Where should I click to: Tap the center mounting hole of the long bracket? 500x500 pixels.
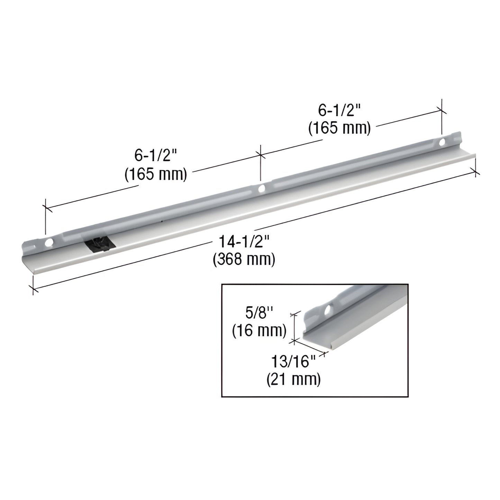click(262, 189)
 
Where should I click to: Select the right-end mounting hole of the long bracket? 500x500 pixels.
click(442, 142)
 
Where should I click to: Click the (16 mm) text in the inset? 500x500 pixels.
click(259, 331)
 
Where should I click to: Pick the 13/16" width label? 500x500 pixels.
click(293, 364)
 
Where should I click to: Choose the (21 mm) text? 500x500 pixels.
click(293, 380)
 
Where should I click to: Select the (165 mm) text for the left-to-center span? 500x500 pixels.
click(156, 174)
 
